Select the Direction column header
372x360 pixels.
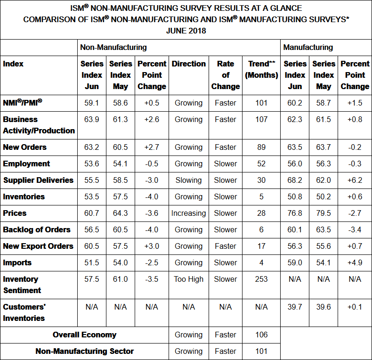pos(188,64)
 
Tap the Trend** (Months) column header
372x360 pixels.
pos(261,69)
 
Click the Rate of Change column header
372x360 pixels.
pos(226,75)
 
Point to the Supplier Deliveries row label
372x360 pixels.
pos(38,180)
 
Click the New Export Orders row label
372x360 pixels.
pos(38,246)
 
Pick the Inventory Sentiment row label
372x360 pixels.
pos(22,285)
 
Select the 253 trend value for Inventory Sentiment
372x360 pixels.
pos(261,279)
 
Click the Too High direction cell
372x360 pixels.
pos(188,279)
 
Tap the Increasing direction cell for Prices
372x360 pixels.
pos(188,213)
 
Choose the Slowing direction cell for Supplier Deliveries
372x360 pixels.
pos(188,180)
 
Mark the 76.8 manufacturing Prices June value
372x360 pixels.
pos(295,213)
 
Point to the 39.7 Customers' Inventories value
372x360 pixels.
pos(295,307)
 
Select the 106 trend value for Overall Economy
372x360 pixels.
pos(261,335)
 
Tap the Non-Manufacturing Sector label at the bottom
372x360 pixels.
pos(85,351)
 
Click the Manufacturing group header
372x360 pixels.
pos(308,47)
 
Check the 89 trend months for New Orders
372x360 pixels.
pos(261,147)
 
